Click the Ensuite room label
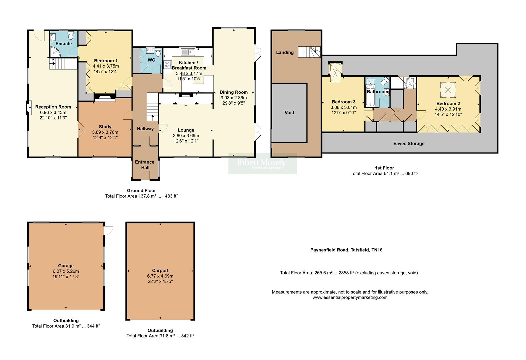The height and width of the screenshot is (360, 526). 63,44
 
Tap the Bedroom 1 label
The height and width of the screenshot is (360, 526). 106,61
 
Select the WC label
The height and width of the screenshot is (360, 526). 151,60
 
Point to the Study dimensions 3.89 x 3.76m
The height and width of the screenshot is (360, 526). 105,132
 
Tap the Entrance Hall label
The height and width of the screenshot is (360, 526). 145,165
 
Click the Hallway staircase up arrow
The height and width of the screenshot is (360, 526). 153,117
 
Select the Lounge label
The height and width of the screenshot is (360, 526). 186,130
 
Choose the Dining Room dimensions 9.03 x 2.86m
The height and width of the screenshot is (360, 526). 233,98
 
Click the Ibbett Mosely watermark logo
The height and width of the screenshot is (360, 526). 262,163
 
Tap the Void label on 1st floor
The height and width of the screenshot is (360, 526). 289,113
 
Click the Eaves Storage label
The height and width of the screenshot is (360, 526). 409,143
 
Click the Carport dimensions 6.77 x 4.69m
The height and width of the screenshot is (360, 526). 160,276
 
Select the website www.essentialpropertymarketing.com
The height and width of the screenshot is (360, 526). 350,297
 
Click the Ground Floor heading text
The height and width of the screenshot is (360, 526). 141,191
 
